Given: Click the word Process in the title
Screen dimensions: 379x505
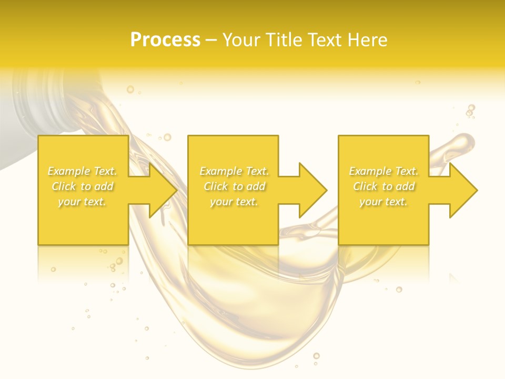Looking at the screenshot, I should pos(165,40).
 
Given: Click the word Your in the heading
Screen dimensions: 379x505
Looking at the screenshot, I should pos(242,40).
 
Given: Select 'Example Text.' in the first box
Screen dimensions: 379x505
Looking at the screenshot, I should pos(83,171).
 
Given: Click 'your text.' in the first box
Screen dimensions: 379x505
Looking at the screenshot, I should pos(83,202).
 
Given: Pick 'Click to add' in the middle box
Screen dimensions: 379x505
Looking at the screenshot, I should pos(234,186).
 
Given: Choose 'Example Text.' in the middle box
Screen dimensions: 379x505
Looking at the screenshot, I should pos(234,171).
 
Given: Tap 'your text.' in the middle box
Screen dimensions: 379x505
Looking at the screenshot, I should pos(234,202).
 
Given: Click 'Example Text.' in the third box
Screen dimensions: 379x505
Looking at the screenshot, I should pos(383,171).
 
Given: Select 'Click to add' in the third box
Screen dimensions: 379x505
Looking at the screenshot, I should pos(383,186).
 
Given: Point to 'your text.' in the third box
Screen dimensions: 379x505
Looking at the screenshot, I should pos(383,202).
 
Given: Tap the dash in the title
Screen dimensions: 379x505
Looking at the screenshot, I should pos(211,40).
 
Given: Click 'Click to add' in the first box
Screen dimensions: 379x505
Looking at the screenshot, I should pos(83,186).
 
